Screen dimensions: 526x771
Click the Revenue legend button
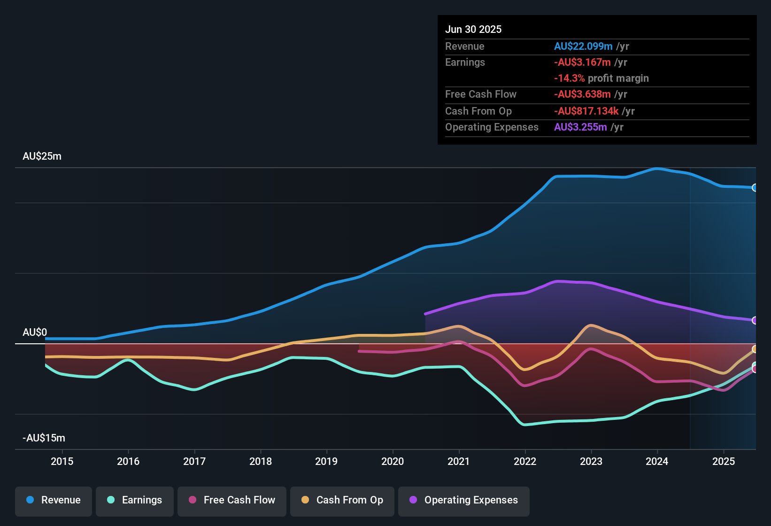pyautogui.click(x=54, y=500)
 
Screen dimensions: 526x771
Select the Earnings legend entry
pyautogui.click(x=135, y=500)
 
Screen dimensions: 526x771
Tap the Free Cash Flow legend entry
pyautogui.click(x=232, y=500)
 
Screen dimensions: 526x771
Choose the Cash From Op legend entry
pyautogui.click(x=342, y=500)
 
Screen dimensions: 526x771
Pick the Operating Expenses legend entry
pyautogui.click(x=464, y=500)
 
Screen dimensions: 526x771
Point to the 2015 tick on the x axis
pyautogui.click(x=62, y=461)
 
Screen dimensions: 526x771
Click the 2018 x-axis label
pyautogui.click(x=261, y=461)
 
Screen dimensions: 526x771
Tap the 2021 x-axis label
pyautogui.click(x=459, y=461)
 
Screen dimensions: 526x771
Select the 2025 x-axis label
pyautogui.click(x=724, y=461)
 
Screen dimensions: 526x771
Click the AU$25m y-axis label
pyautogui.click(x=42, y=156)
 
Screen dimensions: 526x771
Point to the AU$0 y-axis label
pyautogui.click(x=35, y=333)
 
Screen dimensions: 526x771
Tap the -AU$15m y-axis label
pyautogui.click(x=44, y=438)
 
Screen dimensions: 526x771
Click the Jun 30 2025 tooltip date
pyautogui.click(x=473, y=30)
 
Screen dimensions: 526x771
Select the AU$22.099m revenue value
pyautogui.click(x=583, y=46)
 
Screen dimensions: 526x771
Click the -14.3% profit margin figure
pyautogui.click(x=570, y=78)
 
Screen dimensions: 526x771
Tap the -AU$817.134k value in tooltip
pyautogui.click(x=586, y=111)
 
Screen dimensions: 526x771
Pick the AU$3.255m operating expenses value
pyautogui.click(x=580, y=127)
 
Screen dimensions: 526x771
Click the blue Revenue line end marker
pyautogui.click(x=755, y=188)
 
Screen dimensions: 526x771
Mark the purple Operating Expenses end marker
pyautogui.click(x=755, y=320)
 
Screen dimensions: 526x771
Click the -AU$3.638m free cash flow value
pyautogui.click(x=582, y=94)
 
